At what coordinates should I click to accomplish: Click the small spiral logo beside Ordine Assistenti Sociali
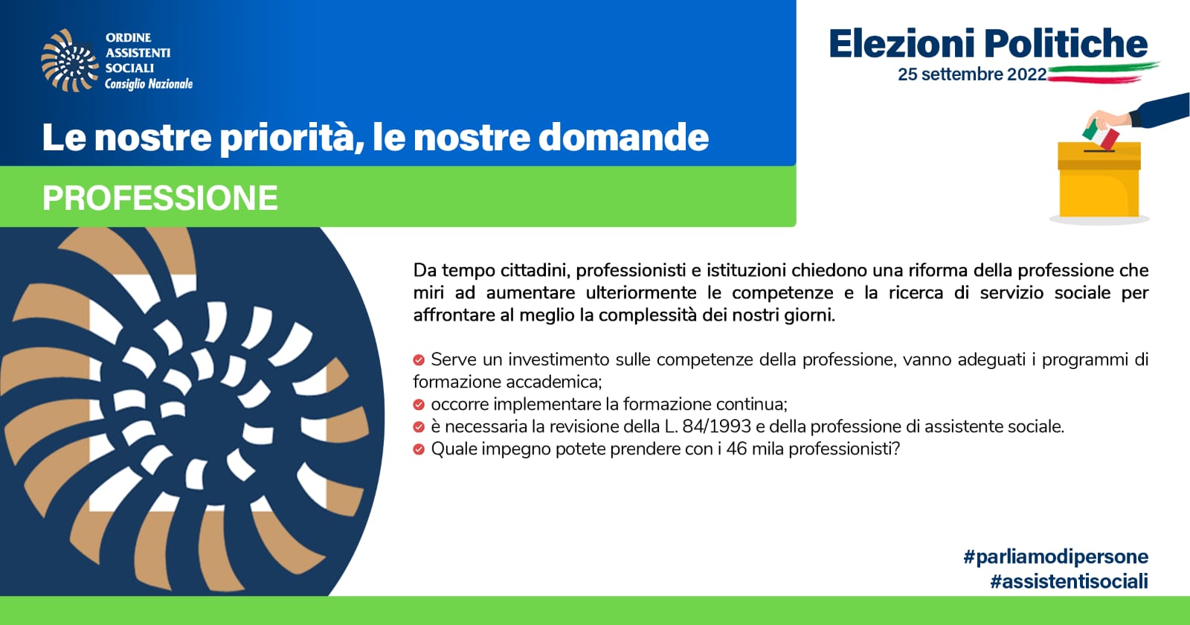[70, 60]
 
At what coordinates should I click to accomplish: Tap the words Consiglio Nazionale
[149, 84]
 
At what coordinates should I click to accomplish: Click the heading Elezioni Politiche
[988, 44]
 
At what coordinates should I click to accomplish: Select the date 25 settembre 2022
[972, 74]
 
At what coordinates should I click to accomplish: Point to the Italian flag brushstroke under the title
[1103, 73]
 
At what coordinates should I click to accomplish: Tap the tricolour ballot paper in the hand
[1101, 135]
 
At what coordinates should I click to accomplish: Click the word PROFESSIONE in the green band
[160, 198]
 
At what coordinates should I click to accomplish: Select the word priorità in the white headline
[287, 138]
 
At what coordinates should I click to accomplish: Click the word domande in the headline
[624, 137]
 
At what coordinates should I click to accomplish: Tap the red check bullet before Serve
[419, 360]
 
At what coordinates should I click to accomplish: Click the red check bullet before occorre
[419, 405]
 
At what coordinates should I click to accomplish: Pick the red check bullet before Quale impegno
[419, 449]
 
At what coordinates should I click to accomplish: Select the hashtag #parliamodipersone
[1055, 557]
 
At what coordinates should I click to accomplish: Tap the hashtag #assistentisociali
[1069, 581]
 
